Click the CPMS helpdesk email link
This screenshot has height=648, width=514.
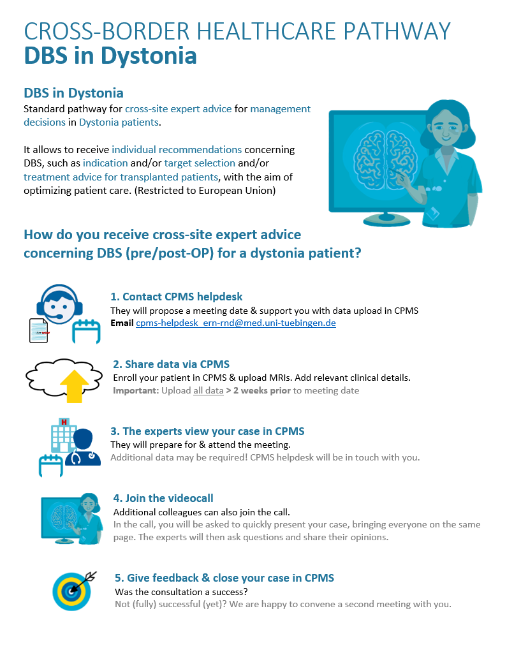(235, 323)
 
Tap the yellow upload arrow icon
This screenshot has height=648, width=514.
(75, 386)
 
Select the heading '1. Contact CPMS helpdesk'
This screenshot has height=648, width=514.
(177, 297)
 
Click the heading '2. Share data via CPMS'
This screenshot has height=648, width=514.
(171, 364)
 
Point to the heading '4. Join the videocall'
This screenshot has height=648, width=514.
(163, 498)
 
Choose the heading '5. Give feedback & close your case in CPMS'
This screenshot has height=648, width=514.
(224, 578)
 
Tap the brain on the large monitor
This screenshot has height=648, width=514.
(385, 159)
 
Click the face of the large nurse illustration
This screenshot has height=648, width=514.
(446, 126)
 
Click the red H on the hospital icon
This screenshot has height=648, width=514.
(64, 422)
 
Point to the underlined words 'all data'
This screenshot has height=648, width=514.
(209, 390)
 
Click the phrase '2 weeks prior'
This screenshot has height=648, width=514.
(262, 390)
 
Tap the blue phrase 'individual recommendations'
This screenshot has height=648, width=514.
(177, 150)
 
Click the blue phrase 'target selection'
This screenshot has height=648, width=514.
(200, 163)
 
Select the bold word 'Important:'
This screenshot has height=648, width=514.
(136, 390)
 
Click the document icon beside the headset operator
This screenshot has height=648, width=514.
(39, 330)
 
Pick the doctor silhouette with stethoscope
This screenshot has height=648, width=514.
(83, 448)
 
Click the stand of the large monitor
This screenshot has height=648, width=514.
(386, 219)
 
